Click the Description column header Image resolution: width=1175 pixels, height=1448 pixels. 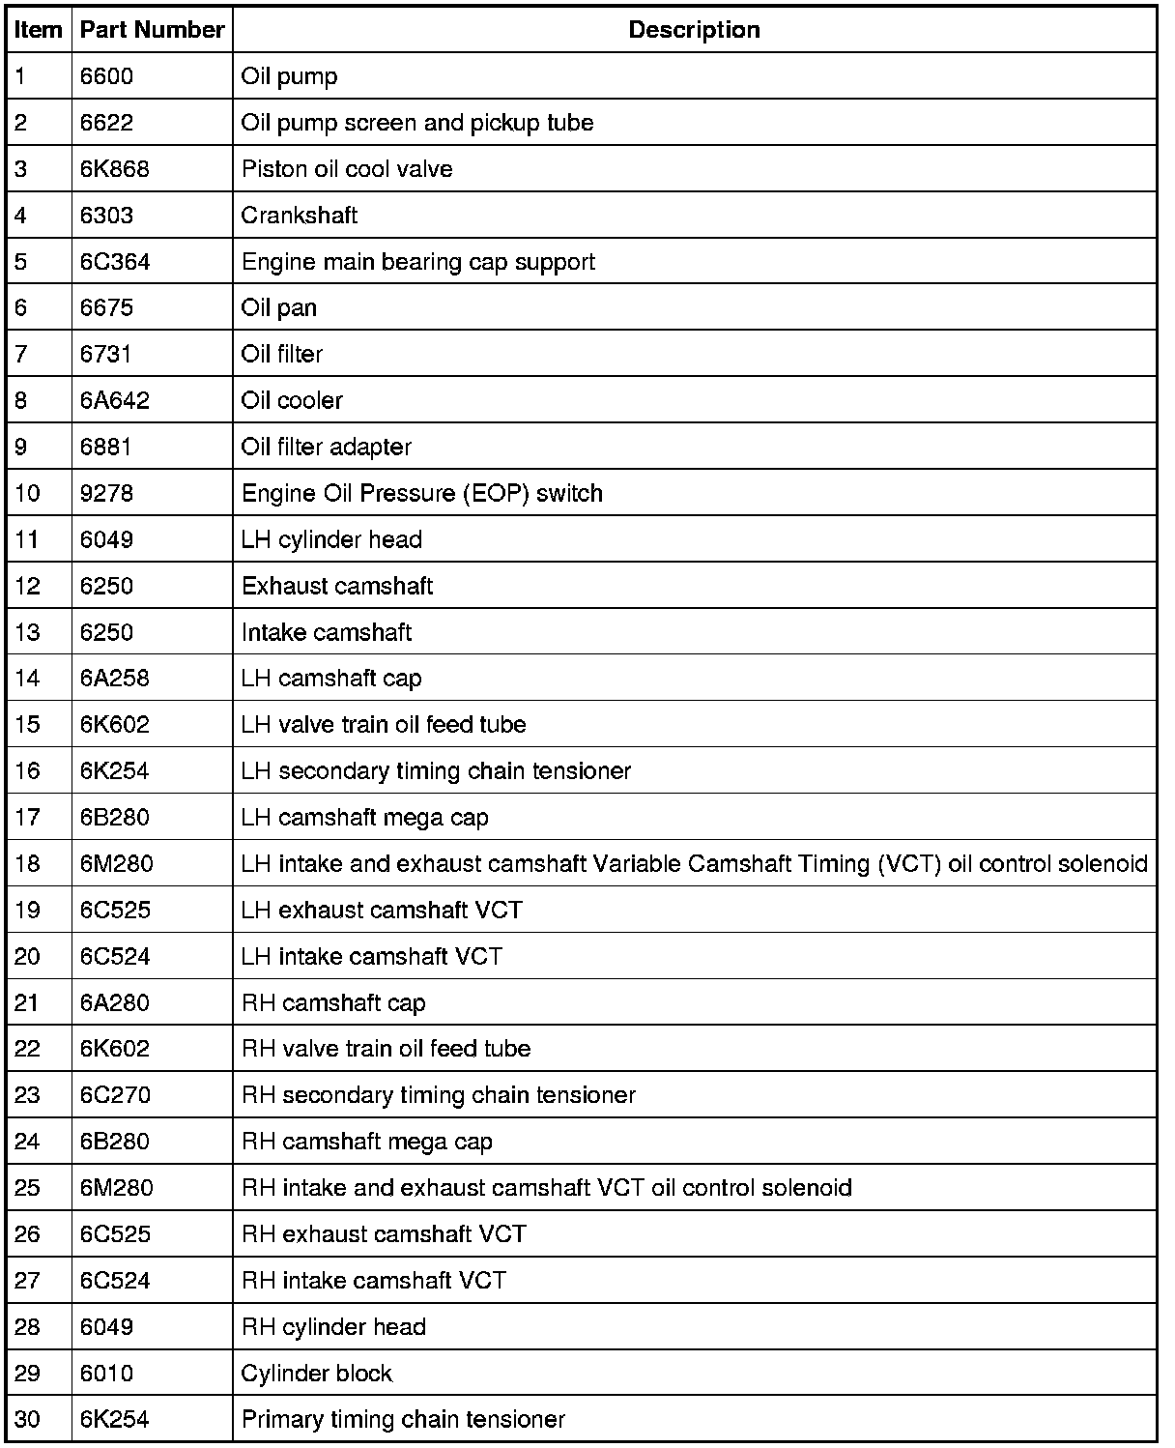(x=694, y=30)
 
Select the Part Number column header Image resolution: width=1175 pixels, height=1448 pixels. (x=152, y=30)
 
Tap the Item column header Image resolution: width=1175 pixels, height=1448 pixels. (x=39, y=30)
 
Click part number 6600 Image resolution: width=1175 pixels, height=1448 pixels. (x=106, y=76)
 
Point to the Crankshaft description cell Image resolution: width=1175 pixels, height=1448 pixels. (x=300, y=216)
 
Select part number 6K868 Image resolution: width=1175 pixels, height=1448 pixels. (x=115, y=169)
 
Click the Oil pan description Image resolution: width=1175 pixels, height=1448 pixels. (x=279, y=308)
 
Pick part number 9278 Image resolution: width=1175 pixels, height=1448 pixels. (x=106, y=493)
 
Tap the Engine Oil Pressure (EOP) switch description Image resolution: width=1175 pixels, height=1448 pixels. (x=421, y=493)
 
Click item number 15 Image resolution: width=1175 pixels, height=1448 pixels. (x=28, y=725)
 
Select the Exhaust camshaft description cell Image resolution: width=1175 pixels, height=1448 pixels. (x=337, y=586)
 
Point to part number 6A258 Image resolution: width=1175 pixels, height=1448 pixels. (x=115, y=679)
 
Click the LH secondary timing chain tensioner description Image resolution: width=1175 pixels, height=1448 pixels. (x=436, y=771)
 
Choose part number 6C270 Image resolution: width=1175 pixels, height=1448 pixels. (x=115, y=1095)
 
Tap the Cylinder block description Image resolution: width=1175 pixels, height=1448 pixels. (x=317, y=1374)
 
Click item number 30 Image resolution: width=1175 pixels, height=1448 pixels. (x=28, y=1420)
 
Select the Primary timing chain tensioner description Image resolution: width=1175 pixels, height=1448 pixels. (x=403, y=1420)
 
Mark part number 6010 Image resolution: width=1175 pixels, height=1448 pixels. (x=106, y=1374)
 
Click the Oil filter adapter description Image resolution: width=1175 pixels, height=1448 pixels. (x=327, y=448)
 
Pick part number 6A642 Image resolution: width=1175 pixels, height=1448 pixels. (x=115, y=401)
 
